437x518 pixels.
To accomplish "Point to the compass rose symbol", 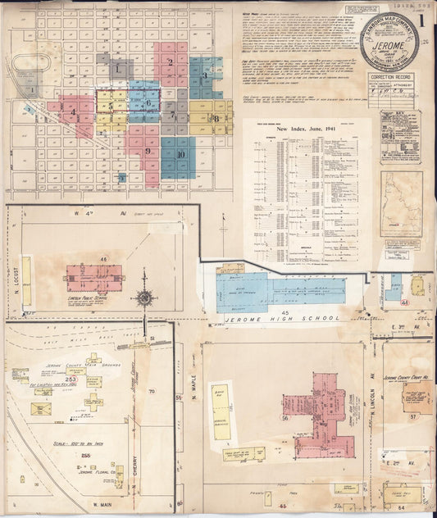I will (x=145, y=297).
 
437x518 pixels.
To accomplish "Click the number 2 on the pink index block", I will (x=170, y=61).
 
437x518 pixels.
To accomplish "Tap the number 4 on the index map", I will (x=73, y=111).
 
